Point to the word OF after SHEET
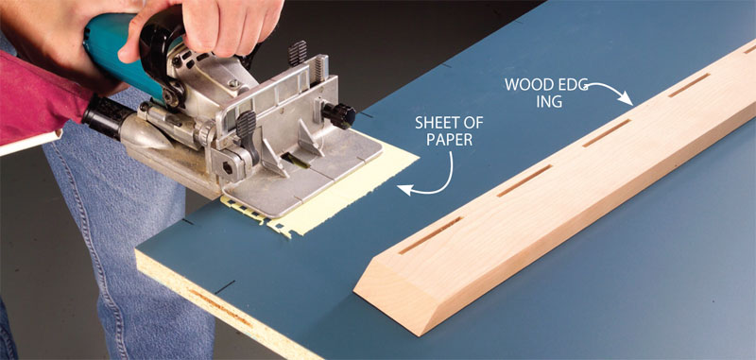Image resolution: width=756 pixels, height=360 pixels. point(472,123)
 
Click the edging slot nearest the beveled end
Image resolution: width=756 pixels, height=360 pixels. point(431,234)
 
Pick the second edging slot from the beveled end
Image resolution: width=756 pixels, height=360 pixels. point(524,180)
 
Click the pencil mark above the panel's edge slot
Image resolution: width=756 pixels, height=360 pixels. point(225,287)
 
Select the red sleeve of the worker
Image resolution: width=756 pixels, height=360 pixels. point(41,96)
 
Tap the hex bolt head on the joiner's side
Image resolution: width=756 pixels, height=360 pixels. point(227,169)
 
